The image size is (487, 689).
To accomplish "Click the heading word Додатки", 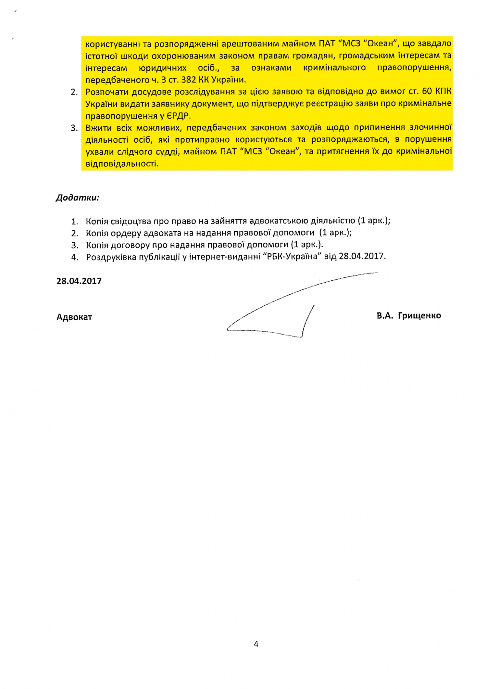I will click(77, 198).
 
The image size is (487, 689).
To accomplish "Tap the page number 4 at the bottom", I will click(256, 644).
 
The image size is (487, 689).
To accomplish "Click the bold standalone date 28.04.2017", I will click(79, 281).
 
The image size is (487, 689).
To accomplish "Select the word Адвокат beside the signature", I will click(74, 317).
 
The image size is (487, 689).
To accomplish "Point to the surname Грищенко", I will click(419, 316).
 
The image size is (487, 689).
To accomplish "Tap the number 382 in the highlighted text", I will click(188, 80).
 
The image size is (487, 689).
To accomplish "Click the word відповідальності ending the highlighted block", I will click(122, 164).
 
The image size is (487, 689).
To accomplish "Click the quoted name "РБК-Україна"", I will click(292, 257).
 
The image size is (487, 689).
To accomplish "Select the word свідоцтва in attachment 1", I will click(131, 222).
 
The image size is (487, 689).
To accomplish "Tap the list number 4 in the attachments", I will click(75, 257).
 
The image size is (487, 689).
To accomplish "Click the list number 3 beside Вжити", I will click(74, 128).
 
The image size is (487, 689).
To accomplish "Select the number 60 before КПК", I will click(427, 91).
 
